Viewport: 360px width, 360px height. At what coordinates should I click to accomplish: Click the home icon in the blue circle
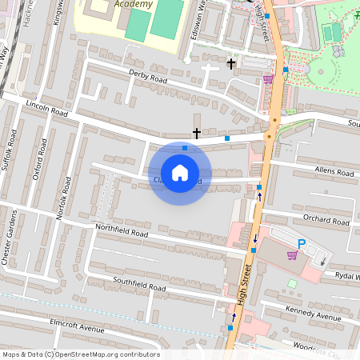[x=180, y=172]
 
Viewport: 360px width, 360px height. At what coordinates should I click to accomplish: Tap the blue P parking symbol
[x=302, y=244]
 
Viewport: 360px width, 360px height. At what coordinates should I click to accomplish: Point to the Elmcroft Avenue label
[x=78, y=329]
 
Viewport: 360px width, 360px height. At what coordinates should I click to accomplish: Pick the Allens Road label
[x=334, y=171]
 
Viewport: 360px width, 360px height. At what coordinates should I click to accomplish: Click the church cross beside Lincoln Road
[x=197, y=133]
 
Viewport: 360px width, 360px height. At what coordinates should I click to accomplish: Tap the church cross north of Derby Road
[x=231, y=63]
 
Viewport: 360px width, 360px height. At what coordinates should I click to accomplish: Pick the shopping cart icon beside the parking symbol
[x=292, y=255]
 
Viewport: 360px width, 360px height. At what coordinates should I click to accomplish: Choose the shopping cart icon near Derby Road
[x=268, y=79]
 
